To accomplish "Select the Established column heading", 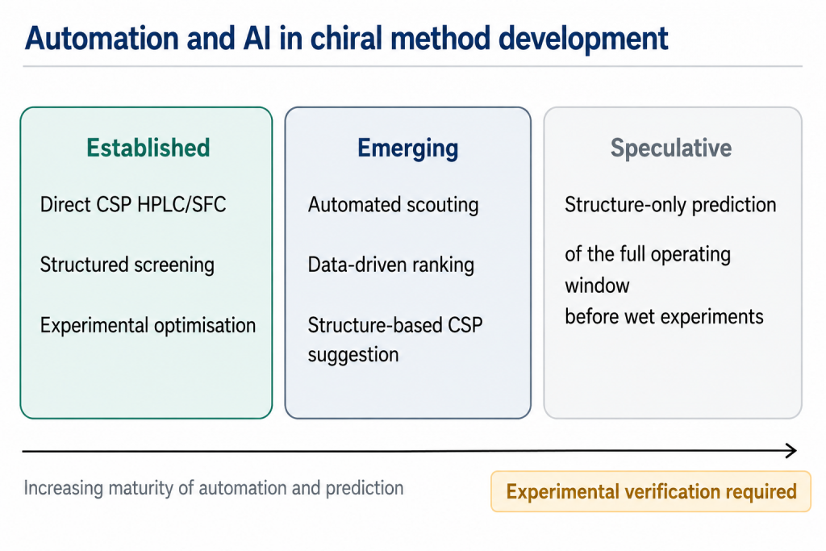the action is tap(148, 148).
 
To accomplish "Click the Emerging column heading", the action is tap(407, 148).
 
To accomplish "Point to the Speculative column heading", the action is tap(671, 148).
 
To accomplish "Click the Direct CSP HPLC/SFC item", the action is tap(133, 204).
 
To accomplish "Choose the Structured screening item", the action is tap(127, 265).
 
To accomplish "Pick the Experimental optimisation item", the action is tap(148, 325).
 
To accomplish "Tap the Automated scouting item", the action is tap(393, 205).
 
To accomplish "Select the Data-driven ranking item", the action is tap(391, 265).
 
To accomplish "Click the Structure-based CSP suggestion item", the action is tap(395, 340).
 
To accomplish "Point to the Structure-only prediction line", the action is tap(670, 205).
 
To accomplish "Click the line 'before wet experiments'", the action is tap(665, 316).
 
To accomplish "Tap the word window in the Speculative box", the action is tap(598, 286).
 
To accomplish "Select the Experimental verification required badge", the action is tap(651, 491).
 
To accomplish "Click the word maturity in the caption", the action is tap(140, 488).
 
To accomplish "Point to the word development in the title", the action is tap(583, 40).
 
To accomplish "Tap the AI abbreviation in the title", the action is tap(257, 39).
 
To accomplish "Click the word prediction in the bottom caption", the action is tap(365, 488).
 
